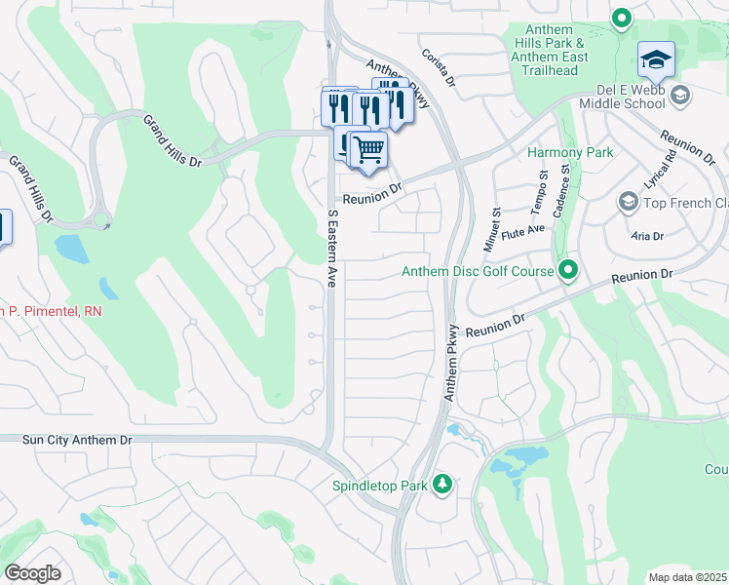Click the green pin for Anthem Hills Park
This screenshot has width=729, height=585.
coord(621,18)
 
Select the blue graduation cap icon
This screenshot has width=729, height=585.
coord(656,60)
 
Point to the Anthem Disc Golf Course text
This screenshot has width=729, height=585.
coord(478,271)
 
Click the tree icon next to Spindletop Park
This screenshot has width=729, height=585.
coord(442,484)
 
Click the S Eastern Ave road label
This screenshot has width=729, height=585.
coord(331,248)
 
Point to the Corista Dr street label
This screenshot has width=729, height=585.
coord(438,68)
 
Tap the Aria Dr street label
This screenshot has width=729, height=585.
coord(647,236)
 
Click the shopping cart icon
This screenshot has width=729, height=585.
coord(367,150)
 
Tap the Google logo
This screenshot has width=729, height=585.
coord(32,572)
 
